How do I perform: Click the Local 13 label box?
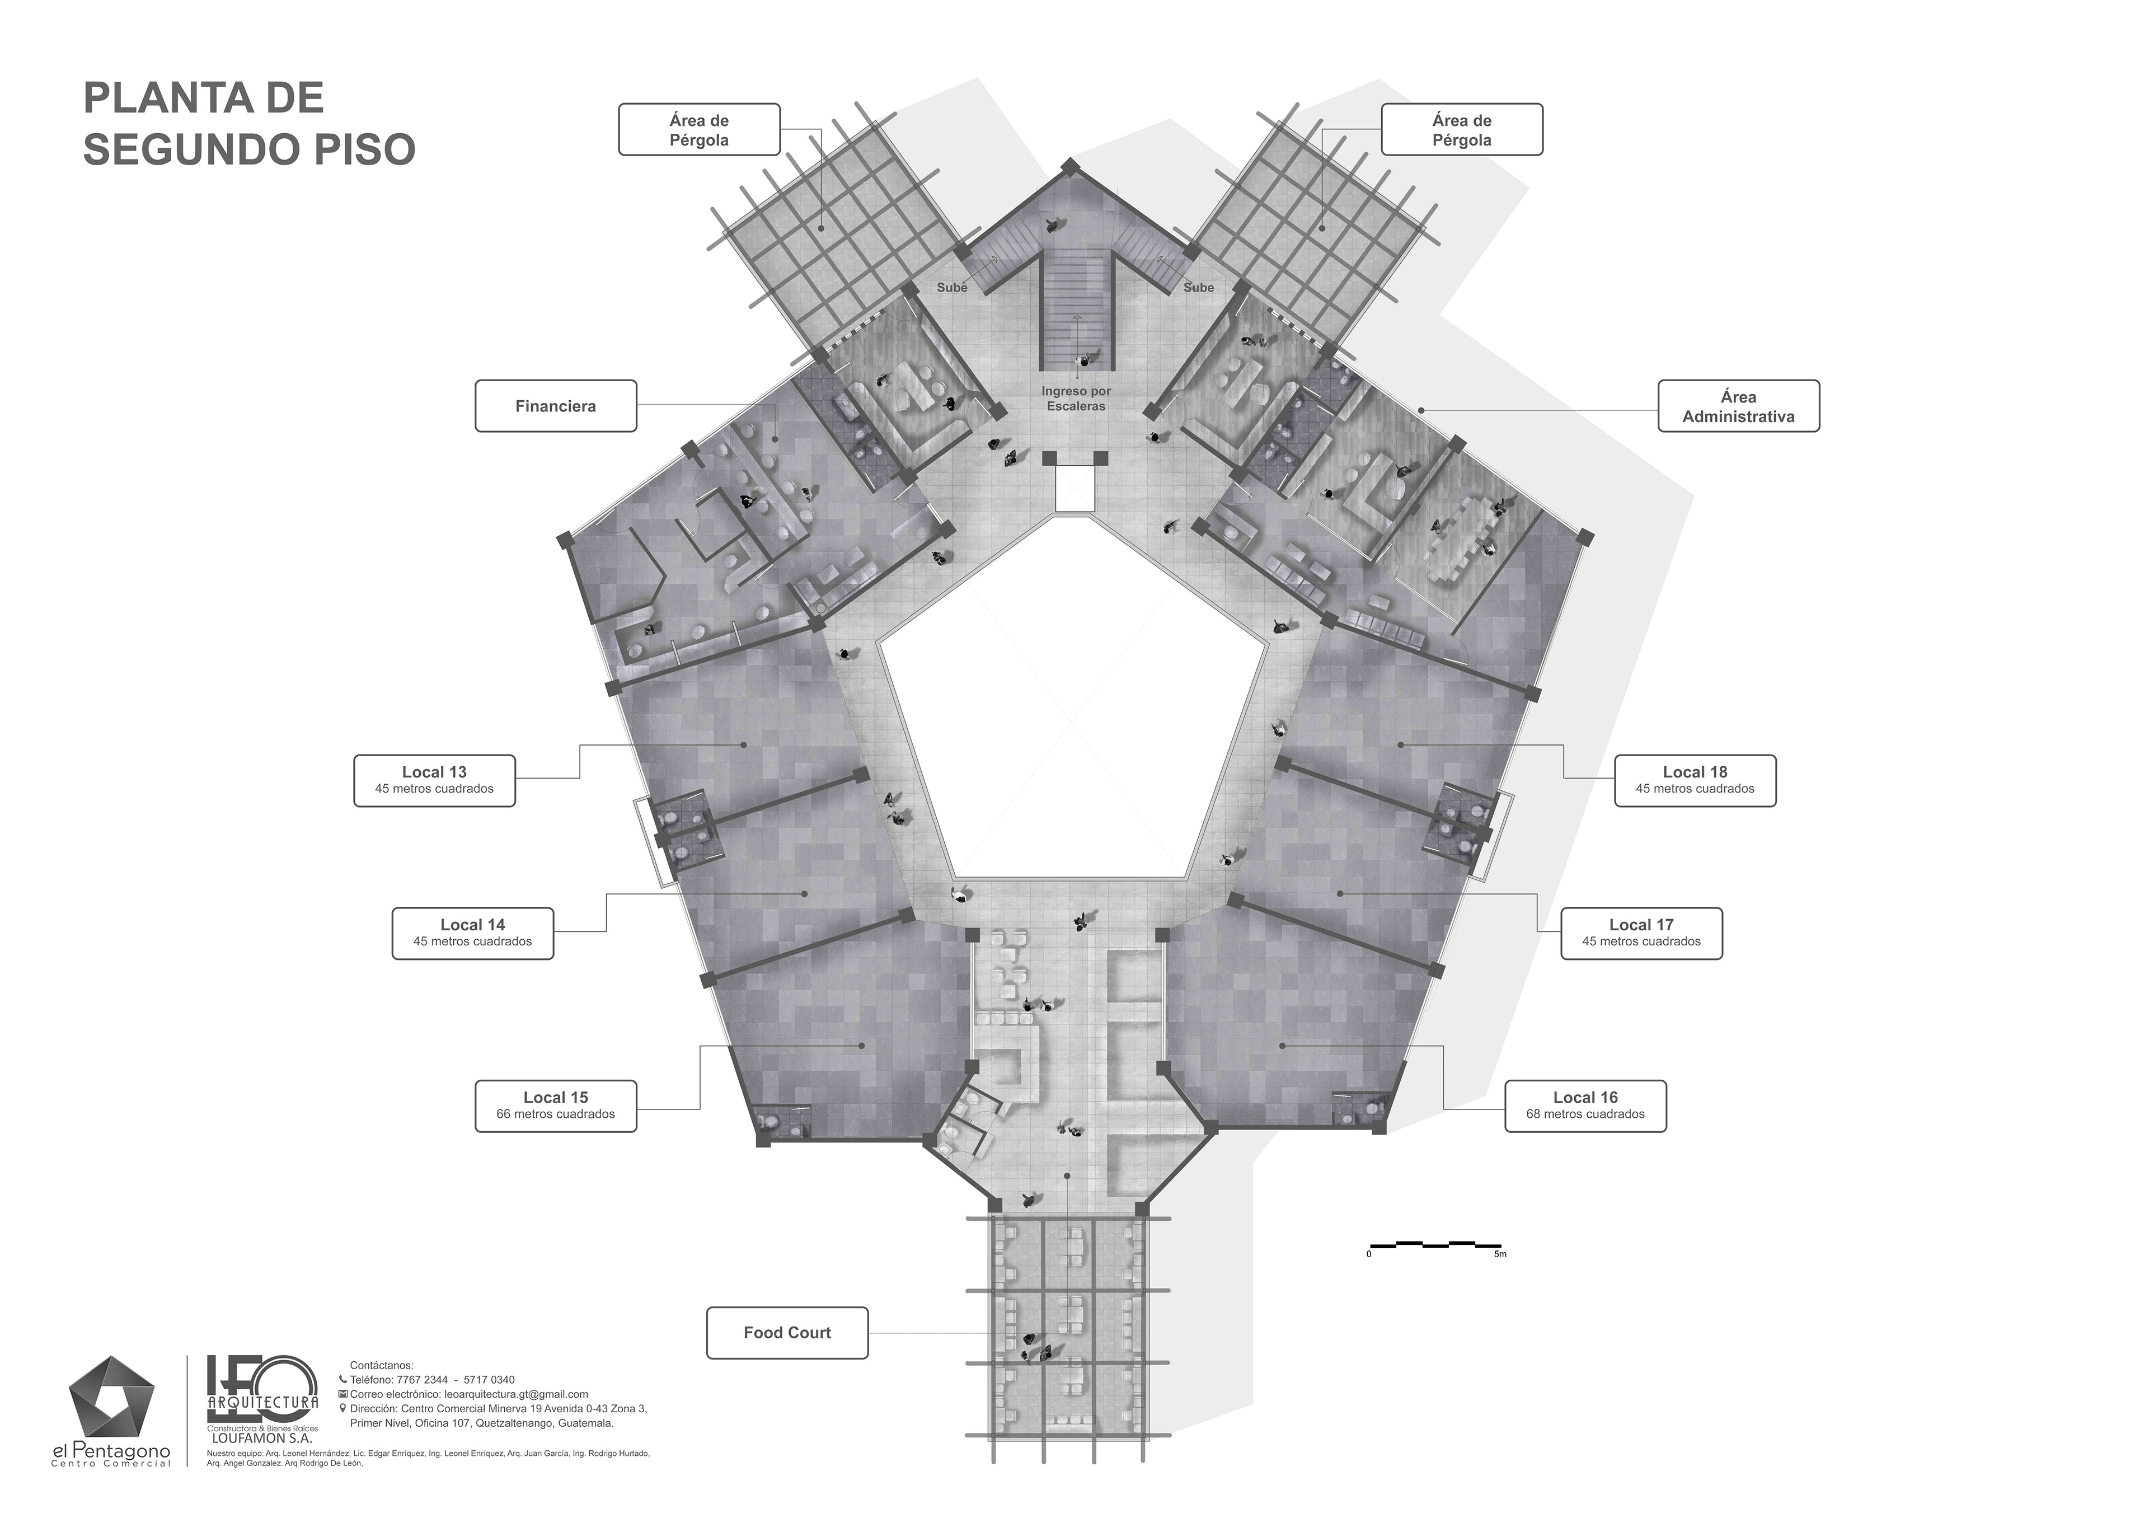click(x=434, y=780)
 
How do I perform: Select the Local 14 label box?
click(x=473, y=933)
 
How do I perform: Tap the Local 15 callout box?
click(x=556, y=1106)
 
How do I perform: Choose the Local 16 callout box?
click(x=1585, y=1106)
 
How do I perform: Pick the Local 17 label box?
click(x=1642, y=933)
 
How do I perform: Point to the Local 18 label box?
click(x=1695, y=780)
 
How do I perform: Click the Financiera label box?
click(x=556, y=406)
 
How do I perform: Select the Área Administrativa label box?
click(x=1739, y=406)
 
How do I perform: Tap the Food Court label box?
click(x=787, y=1333)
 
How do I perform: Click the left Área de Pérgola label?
click(x=699, y=129)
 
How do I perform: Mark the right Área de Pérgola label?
click(x=1462, y=129)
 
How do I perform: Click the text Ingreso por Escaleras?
click(x=1076, y=399)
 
